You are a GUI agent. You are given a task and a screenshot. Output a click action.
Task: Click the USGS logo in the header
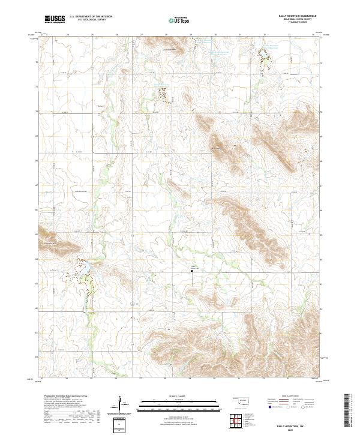coord(55,19)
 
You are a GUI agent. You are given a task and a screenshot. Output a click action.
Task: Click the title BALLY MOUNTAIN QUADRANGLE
coord(296,16)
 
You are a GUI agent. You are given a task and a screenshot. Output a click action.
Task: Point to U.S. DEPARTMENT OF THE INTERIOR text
coord(91,17)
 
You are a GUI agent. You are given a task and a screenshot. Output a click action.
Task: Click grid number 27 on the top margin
coord(141,35)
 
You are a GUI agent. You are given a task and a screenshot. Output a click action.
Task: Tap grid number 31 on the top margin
coord(239,35)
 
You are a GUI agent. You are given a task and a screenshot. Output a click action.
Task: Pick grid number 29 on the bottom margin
coord(190,379)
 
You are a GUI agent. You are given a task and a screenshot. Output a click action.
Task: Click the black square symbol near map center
coord(191,271)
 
